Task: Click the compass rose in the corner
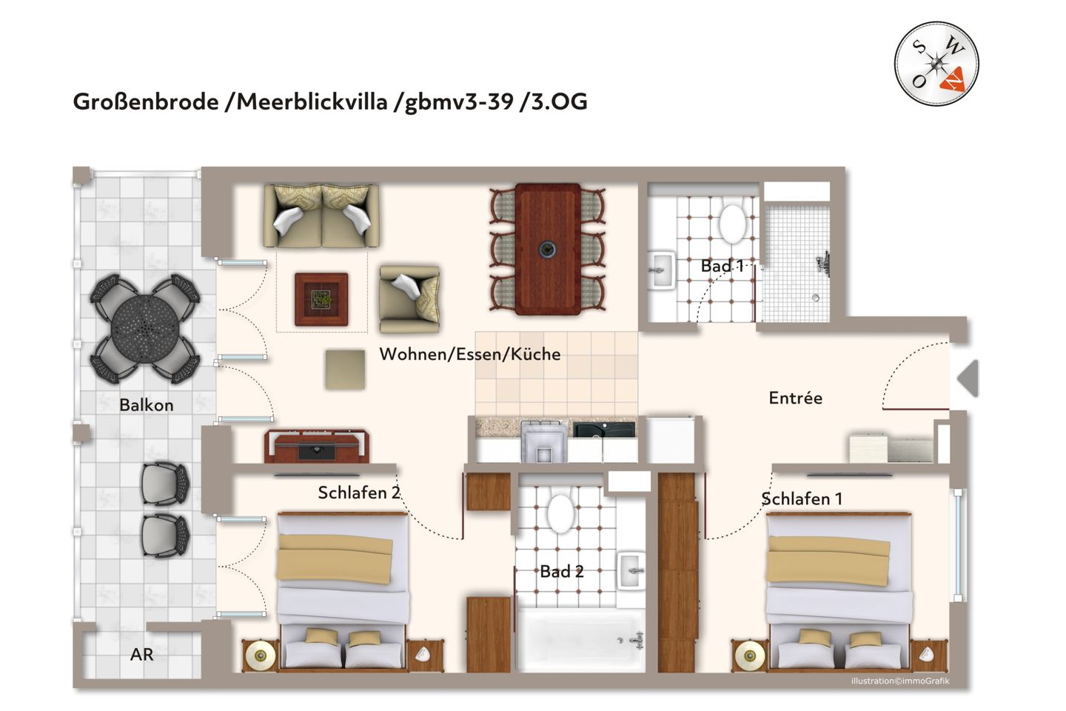click(x=936, y=63)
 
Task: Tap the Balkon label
click(x=147, y=405)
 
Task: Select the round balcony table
click(x=145, y=328)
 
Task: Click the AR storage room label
click(x=141, y=655)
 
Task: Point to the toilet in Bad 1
click(x=732, y=223)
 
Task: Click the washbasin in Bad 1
click(x=661, y=270)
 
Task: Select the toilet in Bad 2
click(x=560, y=513)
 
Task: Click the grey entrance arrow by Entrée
click(x=968, y=378)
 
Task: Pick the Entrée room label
click(x=795, y=398)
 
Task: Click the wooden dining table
click(x=548, y=250)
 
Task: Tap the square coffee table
click(x=321, y=299)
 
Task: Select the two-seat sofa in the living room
click(x=321, y=216)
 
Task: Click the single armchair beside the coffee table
click(x=409, y=298)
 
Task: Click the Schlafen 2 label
click(x=359, y=493)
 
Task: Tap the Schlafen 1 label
click(x=802, y=499)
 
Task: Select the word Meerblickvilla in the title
click(x=312, y=101)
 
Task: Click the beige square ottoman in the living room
click(x=345, y=369)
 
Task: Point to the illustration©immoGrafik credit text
click(x=899, y=681)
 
